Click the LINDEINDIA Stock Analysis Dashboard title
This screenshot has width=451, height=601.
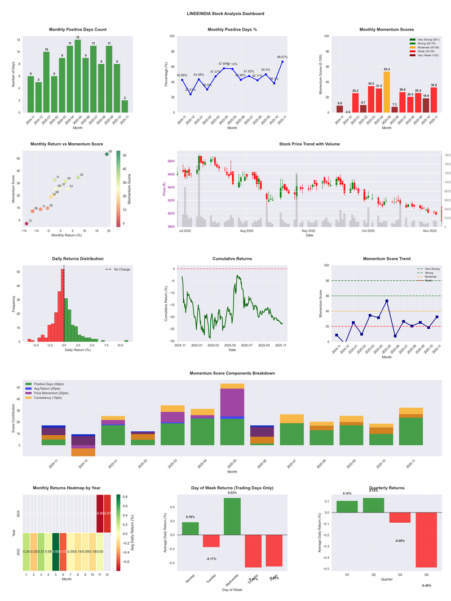(225, 13)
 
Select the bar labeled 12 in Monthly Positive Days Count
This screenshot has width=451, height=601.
(78, 76)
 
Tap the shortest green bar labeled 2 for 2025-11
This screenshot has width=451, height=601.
(125, 106)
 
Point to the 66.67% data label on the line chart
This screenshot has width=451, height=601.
(282, 57)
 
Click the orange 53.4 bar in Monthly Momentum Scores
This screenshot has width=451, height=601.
(387, 92)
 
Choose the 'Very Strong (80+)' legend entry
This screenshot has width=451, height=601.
(426, 39)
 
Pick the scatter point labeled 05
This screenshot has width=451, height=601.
(107, 154)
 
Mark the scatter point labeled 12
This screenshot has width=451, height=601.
(26, 224)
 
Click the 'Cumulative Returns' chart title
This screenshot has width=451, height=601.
(232, 259)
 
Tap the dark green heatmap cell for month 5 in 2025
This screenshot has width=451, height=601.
(56, 551)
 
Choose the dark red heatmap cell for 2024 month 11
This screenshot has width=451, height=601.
(100, 514)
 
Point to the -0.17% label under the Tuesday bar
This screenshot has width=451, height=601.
(212, 559)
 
